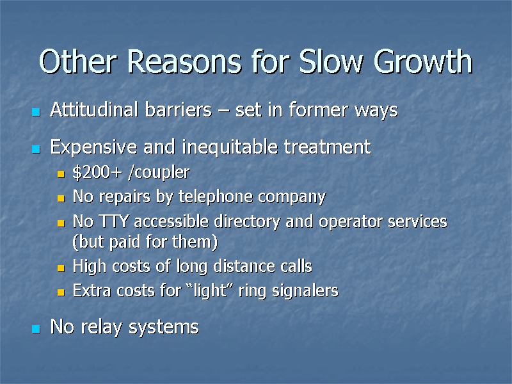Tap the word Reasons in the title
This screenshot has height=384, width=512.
coord(186,63)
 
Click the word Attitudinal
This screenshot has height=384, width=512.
coord(94,110)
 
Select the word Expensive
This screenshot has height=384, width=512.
coord(93,147)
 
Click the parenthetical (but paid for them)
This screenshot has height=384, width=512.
coord(145,243)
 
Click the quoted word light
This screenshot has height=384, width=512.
coord(209,291)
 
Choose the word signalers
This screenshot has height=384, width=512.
coord(306,291)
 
